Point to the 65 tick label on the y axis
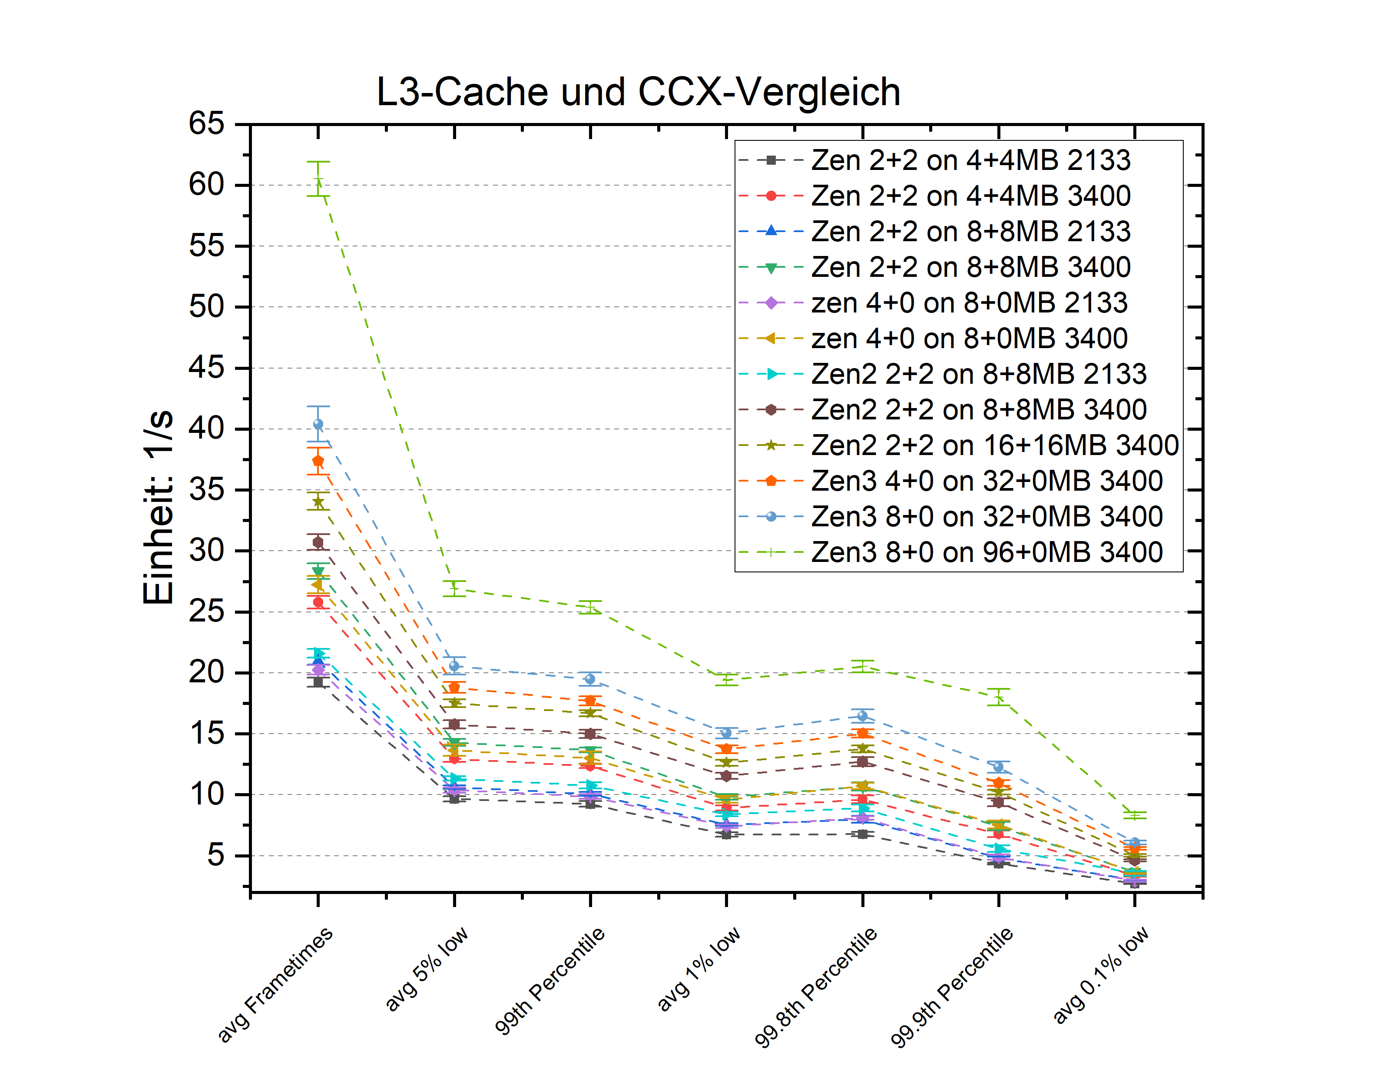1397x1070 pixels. pos(206,123)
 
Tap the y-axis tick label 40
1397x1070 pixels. pos(206,428)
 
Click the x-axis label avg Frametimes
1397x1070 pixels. pos(275,984)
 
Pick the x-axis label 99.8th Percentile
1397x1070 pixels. pos(816,986)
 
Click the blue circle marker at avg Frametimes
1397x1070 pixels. pos(318,424)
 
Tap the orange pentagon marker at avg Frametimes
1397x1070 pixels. pos(318,461)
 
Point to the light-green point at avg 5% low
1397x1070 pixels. pos(454,588)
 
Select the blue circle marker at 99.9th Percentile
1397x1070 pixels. pos(998,767)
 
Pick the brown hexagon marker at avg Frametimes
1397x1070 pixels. pos(318,542)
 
